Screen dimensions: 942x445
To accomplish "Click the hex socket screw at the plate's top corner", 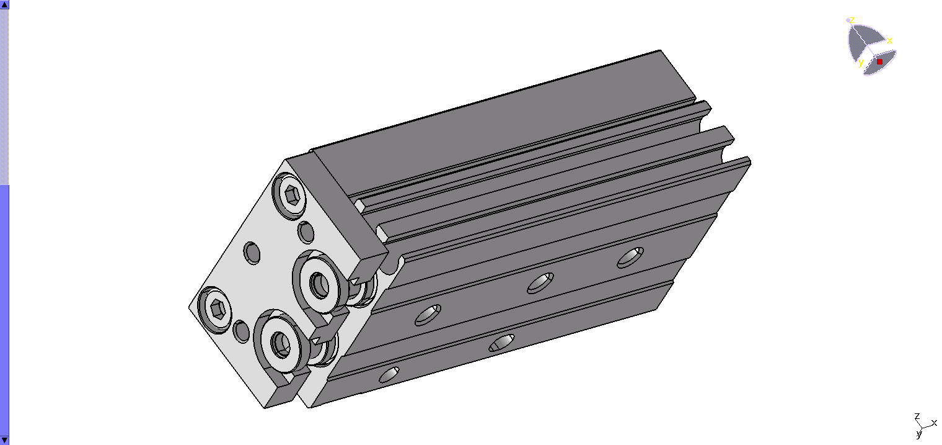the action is (x=290, y=196).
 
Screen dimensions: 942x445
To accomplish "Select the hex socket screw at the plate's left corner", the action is (x=215, y=310).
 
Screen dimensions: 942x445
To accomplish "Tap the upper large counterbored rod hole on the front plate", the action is (x=320, y=282).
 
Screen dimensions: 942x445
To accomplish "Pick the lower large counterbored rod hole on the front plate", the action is (x=281, y=341).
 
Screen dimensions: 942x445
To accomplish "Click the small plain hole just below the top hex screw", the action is (x=306, y=232).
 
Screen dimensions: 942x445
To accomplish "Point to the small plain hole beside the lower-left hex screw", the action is (x=242, y=331).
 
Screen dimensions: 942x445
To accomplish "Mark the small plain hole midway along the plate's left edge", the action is (x=252, y=253).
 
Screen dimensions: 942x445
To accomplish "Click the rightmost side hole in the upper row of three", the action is (x=630, y=257).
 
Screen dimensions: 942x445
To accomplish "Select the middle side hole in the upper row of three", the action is (x=540, y=284).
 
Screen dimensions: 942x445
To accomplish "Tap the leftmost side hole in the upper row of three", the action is (x=428, y=315).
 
